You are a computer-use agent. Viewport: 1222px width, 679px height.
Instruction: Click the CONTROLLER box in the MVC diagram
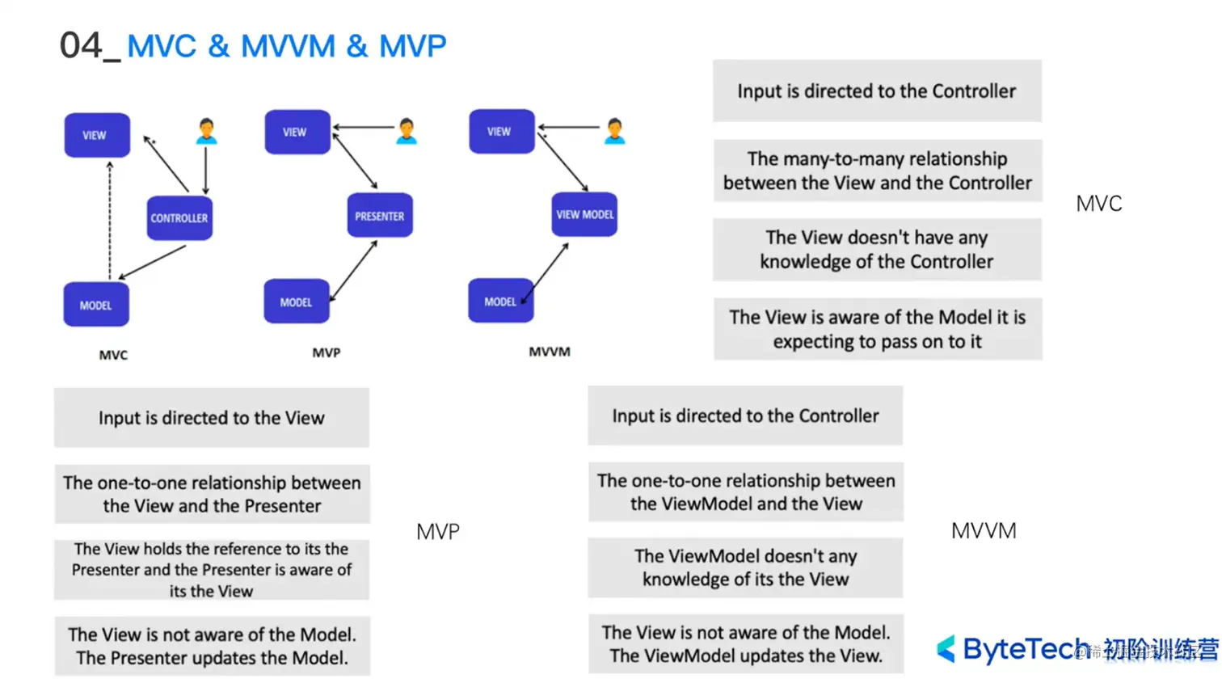(x=179, y=217)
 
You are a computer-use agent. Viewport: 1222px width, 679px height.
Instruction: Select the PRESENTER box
(x=380, y=216)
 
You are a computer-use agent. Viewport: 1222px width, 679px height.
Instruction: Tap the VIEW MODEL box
(x=584, y=214)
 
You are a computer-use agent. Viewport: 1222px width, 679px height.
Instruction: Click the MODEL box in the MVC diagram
(x=96, y=305)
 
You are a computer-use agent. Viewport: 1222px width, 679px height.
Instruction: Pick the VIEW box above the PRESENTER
(x=297, y=132)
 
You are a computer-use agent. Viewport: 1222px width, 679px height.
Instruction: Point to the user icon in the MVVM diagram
(x=614, y=131)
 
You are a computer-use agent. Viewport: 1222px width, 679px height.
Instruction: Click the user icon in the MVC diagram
(x=206, y=131)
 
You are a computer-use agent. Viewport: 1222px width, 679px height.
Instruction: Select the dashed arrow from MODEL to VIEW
(x=110, y=220)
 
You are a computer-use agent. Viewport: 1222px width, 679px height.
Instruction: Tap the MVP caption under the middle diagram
(x=327, y=352)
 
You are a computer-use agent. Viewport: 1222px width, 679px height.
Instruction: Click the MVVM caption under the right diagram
(x=550, y=352)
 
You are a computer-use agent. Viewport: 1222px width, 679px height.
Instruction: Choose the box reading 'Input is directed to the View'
(x=212, y=418)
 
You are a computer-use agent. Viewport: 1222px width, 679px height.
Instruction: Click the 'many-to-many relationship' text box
(x=877, y=171)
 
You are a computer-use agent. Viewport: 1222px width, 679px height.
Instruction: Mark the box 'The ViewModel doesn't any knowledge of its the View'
(x=745, y=567)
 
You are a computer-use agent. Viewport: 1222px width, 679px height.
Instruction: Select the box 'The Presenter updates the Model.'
(x=212, y=646)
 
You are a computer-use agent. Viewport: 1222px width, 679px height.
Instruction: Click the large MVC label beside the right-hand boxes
(x=1098, y=204)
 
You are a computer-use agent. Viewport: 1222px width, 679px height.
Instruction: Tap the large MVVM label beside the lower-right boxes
(x=984, y=531)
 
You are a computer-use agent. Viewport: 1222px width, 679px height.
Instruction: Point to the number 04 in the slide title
(x=81, y=45)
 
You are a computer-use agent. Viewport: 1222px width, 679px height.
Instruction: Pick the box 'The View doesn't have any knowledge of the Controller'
(x=877, y=250)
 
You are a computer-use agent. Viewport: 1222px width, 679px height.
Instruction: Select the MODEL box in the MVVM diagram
(x=500, y=302)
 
